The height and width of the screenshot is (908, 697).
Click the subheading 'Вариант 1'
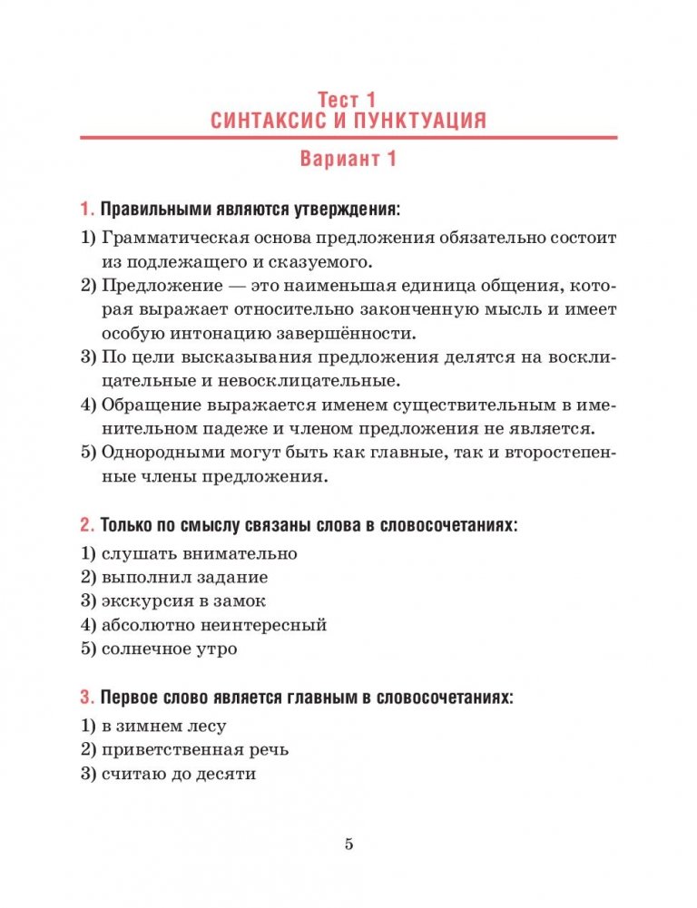coord(348,160)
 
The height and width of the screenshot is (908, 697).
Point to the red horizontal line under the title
coord(348,137)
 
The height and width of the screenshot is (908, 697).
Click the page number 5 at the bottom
coord(348,845)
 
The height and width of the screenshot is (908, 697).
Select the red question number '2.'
coord(87,525)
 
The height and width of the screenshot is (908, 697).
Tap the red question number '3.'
coord(87,698)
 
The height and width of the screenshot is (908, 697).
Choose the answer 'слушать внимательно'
coord(200,553)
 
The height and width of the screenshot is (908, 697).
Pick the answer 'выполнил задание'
coord(185,577)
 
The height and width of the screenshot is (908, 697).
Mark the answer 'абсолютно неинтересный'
coord(214,625)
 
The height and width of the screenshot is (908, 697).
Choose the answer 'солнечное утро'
coord(172,649)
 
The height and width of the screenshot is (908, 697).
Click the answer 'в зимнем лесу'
coord(163,726)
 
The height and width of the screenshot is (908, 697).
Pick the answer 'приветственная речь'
coord(195,750)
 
